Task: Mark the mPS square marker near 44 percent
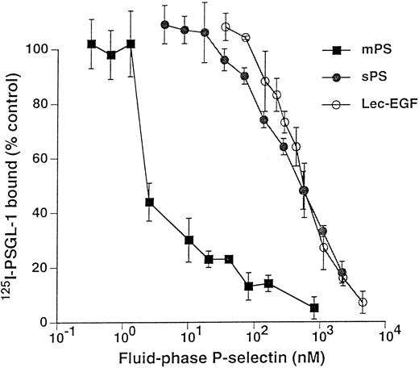149,203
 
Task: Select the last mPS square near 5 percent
313,307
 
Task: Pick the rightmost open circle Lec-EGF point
363,302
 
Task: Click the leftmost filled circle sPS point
164,25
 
